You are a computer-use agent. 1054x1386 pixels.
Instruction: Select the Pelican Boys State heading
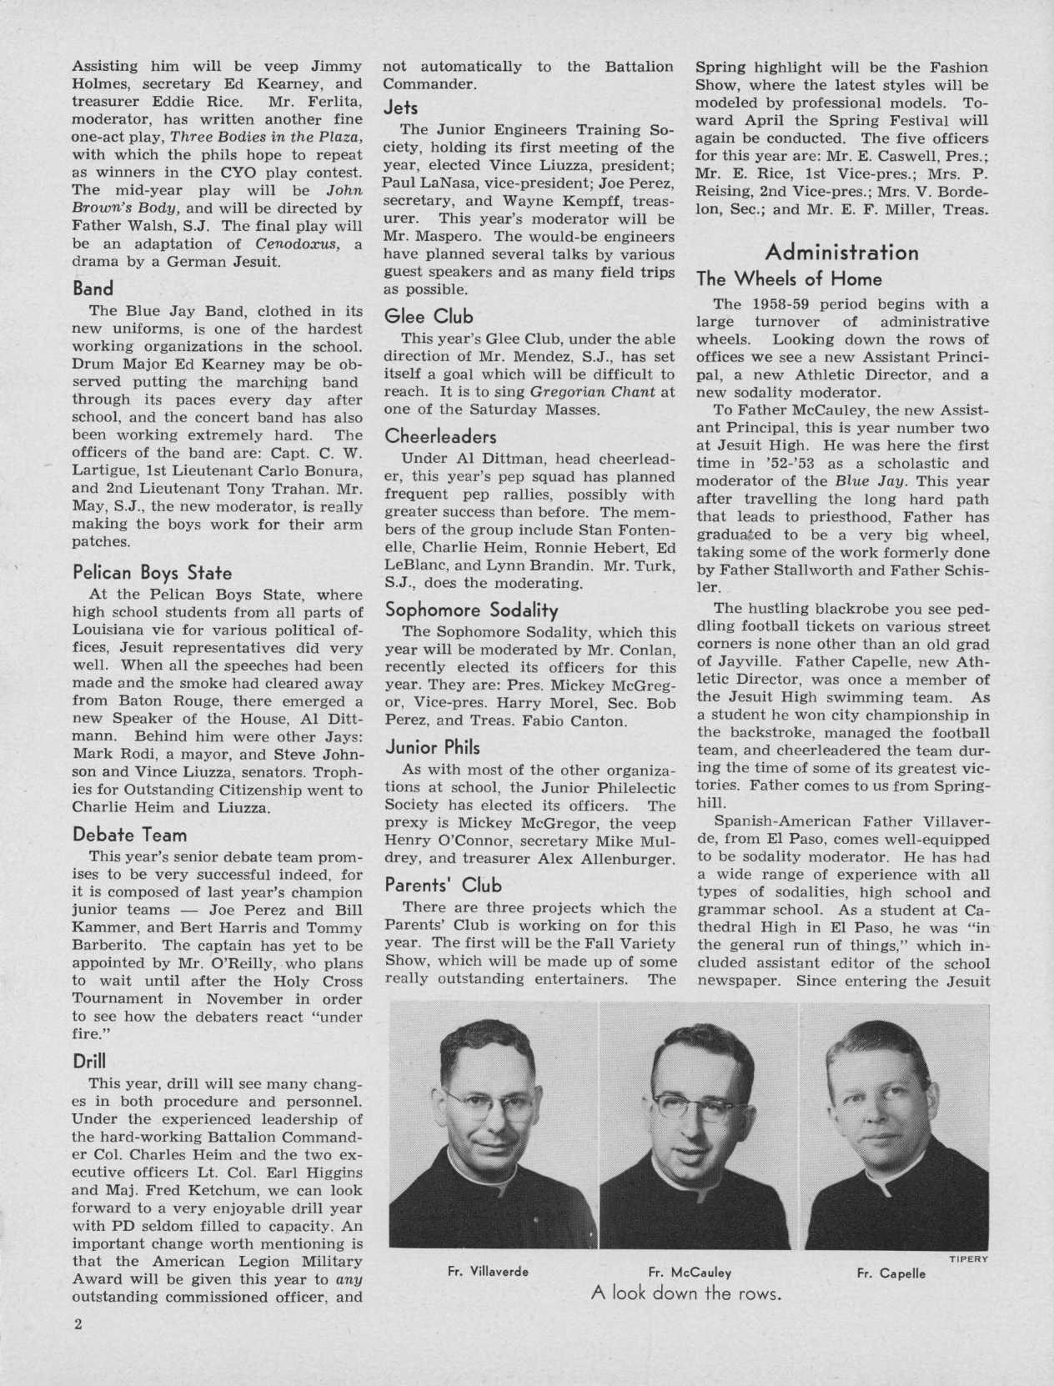[x=152, y=573]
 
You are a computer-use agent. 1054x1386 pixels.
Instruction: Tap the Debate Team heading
[x=129, y=834]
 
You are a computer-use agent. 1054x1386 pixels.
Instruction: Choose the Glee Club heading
[x=428, y=316]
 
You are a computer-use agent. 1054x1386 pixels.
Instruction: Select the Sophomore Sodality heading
[x=471, y=610]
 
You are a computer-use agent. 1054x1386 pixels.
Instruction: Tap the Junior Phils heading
[x=431, y=746]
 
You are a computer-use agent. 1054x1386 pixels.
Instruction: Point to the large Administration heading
[x=842, y=252]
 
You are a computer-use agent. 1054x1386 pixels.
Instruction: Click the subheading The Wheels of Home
[x=789, y=279]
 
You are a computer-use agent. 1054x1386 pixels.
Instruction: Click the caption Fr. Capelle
[x=891, y=1273]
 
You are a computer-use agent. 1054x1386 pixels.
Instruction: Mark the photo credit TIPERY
[x=969, y=1258]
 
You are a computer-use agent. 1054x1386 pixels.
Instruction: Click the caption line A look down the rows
[x=686, y=1294]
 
